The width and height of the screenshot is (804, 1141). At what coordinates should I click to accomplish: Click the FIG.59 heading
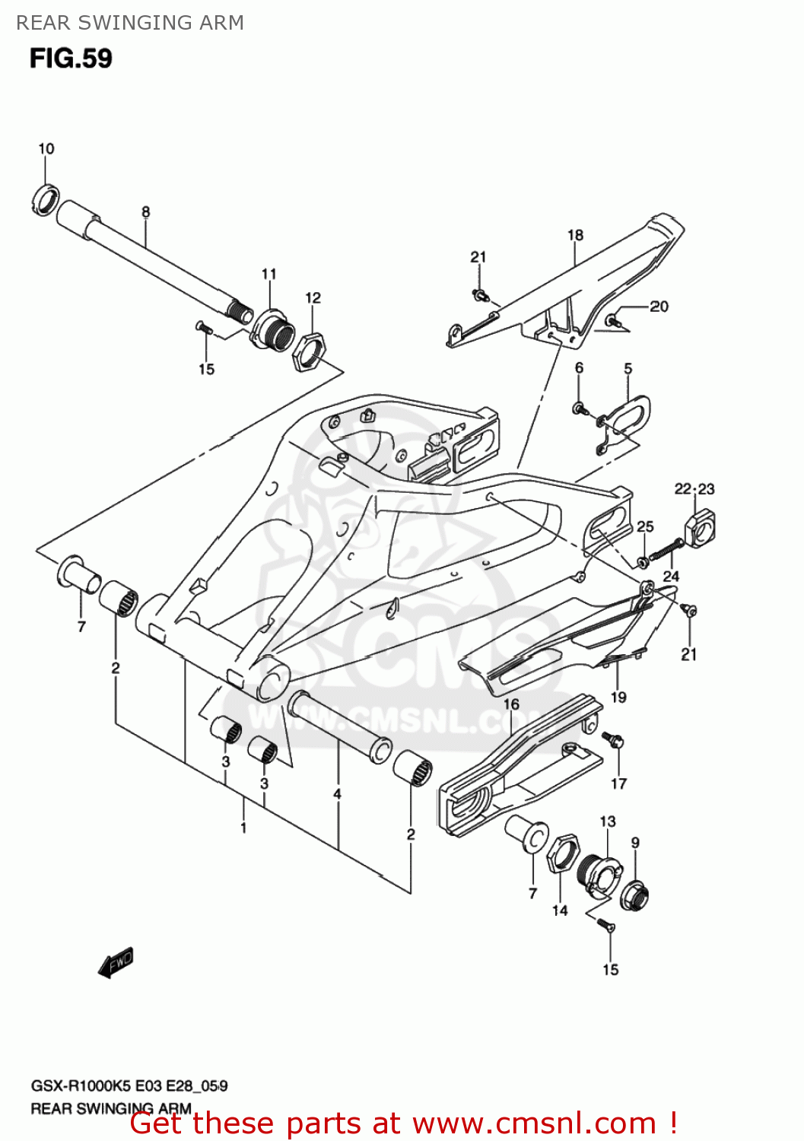click(x=71, y=59)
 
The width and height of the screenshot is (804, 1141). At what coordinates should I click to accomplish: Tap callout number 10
click(x=46, y=148)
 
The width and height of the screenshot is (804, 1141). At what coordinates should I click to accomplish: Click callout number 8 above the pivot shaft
click(x=145, y=212)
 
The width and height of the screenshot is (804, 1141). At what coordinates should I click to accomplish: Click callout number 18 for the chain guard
click(x=575, y=235)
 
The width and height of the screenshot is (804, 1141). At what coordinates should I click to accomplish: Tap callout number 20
click(x=659, y=307)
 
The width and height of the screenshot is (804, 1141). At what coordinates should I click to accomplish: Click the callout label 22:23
click(x=694, y=488)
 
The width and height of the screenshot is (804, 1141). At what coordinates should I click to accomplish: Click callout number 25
click(x=645, y=526)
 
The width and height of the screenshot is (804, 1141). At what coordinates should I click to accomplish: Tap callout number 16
click(x=511, y=704)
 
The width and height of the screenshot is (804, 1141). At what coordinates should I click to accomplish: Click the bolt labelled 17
click(x=612, y=739)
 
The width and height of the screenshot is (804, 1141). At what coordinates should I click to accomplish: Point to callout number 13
click(x=607, y=822)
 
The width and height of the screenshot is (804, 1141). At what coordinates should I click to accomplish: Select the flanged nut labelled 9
click(x=634, y=895)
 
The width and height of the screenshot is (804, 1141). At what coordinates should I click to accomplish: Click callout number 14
click(x=560, y=911)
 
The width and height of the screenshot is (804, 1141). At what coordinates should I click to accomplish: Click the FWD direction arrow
click(x=116, y=963)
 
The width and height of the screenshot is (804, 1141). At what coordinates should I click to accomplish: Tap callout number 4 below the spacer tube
click(x=337, y=794)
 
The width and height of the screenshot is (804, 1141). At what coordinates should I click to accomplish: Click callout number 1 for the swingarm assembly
click(x=243, y=827)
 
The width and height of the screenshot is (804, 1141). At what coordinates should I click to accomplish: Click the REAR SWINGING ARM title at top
click(x=130, y=23)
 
